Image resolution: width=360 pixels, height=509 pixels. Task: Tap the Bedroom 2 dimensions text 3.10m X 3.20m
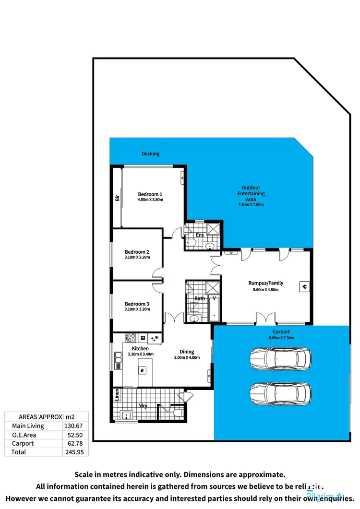pyautogui.click(x=137, y=257)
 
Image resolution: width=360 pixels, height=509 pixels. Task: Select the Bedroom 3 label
pyautogui.click(x=137, y=304)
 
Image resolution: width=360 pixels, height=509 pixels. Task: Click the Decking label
pyautogui.click(x=150, y=154)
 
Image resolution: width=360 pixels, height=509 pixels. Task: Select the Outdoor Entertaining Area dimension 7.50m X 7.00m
pyautogui.click(x=251, y=205)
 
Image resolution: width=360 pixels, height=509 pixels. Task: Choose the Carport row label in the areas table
pyautogui.click(x=23, y=443)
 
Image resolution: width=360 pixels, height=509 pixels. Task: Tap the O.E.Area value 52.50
pyautogui.click(x=75, y=435)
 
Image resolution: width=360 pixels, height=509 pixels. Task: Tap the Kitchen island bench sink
pyautogui.click(x=142, y=370)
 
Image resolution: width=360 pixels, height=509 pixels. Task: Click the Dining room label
pyautogui.click(x=186, y=351)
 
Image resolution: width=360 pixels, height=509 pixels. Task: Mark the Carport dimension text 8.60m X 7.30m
pyautogui.click(x=281, y=338)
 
